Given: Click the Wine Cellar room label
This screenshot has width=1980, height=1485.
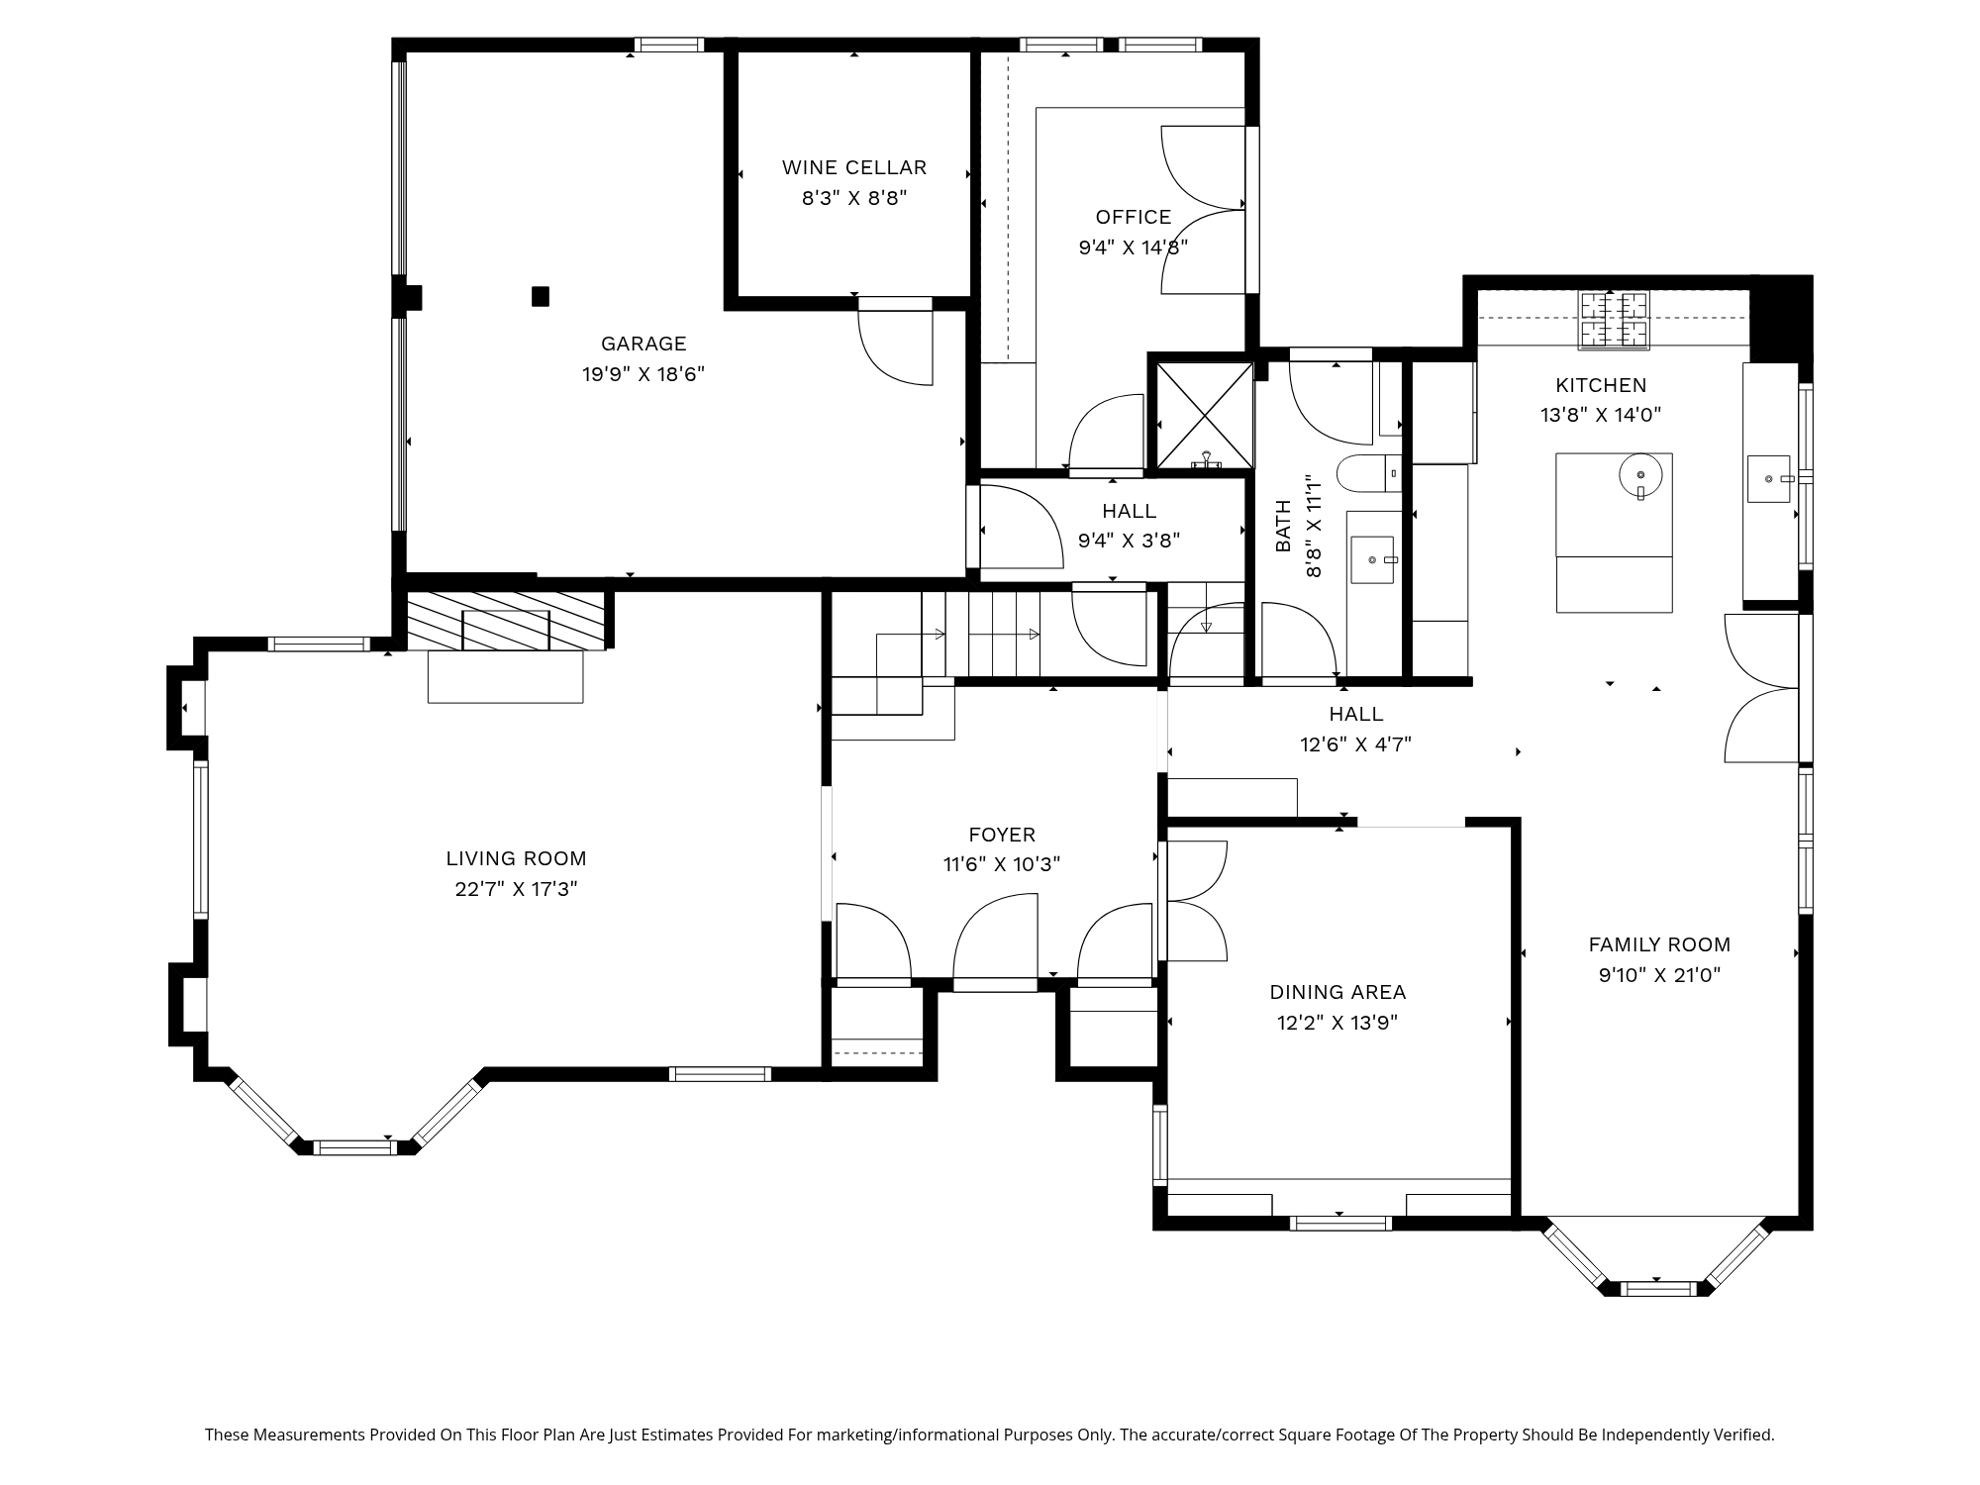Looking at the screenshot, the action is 854,167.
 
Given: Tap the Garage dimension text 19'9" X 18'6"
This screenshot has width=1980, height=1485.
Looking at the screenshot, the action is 643,374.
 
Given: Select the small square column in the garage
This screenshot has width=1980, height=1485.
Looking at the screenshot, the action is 541,296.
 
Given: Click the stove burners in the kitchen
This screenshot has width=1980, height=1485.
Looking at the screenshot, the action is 1614,320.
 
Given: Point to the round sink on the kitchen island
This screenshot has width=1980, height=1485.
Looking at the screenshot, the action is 1640,475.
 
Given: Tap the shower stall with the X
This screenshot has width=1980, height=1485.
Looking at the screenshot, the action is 1205,414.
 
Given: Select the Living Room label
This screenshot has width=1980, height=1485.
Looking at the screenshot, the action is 516,858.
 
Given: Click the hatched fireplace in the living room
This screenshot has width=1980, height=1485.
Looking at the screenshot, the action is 506,621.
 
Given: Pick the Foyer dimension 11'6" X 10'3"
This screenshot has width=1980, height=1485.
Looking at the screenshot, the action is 1002,864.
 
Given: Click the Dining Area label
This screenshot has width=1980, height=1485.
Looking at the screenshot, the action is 1337,992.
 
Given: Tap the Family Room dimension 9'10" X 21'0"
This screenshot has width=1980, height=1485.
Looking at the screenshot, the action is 1659,975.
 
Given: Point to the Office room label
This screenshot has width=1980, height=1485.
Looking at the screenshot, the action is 1134,217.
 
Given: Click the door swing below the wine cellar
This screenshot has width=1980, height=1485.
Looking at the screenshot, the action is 896,347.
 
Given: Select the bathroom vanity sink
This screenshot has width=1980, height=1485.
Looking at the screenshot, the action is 1372,559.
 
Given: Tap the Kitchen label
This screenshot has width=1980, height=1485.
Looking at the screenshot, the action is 1601,385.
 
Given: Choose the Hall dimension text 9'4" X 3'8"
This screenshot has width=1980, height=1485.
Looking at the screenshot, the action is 1129,541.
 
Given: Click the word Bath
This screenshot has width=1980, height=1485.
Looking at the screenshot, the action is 1283,526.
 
